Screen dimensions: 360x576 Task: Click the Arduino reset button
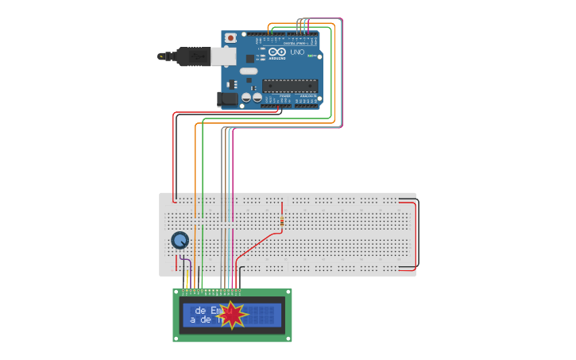(x=230, y=37)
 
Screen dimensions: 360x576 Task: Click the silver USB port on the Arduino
(x=223, y=56)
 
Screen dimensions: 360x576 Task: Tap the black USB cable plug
(x=191, y=56)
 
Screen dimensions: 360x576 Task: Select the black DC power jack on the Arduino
(x=227, y=99)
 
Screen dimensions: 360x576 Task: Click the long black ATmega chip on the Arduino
(x=290, y=86)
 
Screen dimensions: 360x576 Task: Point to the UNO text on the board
(x=297, y=53)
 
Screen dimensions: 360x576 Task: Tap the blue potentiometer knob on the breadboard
(x=180, y=240)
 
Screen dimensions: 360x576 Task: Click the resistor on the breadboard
(x=281, y=215)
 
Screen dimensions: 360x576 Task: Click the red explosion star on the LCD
(x=232, y=315)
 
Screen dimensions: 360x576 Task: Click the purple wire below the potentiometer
(x=184, y=262)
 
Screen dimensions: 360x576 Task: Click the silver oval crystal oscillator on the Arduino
(x=249, y=71)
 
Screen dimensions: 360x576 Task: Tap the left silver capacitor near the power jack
(x=247, y=97)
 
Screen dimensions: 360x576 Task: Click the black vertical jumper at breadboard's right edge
(x=416, y=234)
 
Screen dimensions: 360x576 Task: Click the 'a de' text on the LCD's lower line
(x=202, y=319)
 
